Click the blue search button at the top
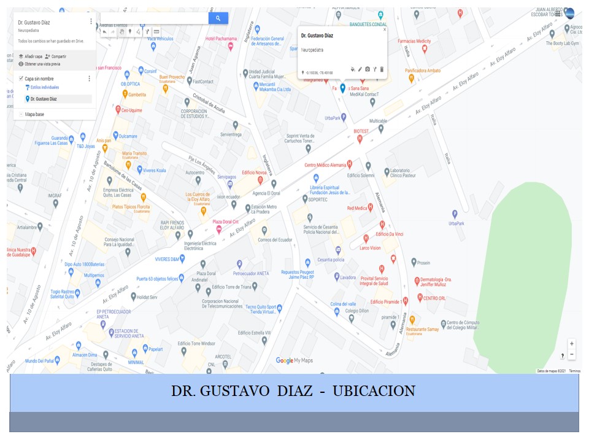click(218, 18)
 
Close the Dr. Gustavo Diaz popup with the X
click(385, 29)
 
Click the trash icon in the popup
click(382, 69)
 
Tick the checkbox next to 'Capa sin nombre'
click(21, 79)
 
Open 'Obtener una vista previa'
click(42, 63)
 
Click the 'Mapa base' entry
click(34, 114)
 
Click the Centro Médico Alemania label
click(326, 165)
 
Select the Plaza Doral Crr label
click(226, 222)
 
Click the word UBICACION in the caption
click(374, 390)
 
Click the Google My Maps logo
click(294, 360)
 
